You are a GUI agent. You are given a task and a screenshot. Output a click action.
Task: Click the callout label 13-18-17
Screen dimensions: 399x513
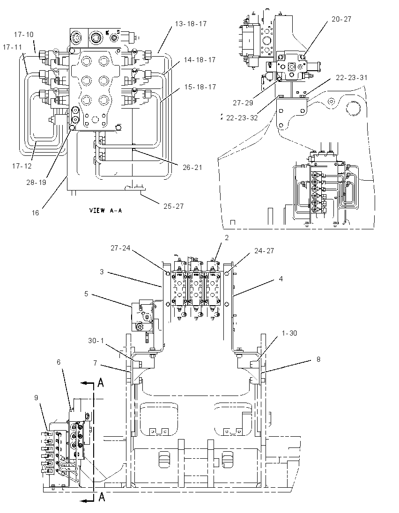tap(191, 24)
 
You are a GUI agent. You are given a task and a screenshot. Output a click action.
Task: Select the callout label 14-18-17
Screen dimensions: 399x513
tap(199, 60)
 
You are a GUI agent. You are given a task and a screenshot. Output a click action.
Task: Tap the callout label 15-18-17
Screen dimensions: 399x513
tap(200, 87)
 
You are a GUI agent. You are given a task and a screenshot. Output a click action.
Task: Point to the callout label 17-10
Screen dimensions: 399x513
tap(23, 34)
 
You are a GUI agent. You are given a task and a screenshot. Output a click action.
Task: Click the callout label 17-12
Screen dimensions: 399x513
tap(22, 166)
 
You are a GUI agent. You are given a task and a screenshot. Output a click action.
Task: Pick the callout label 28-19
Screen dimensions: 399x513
tap(37, 183)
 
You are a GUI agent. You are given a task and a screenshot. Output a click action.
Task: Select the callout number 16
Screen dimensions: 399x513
tap(35, 213)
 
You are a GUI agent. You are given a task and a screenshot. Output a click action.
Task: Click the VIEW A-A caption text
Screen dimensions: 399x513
tap(106, 210)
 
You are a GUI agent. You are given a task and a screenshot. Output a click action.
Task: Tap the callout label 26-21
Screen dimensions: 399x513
tap(192, 168)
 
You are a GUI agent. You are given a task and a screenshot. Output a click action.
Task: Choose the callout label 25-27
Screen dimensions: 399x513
tap(173, 206)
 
